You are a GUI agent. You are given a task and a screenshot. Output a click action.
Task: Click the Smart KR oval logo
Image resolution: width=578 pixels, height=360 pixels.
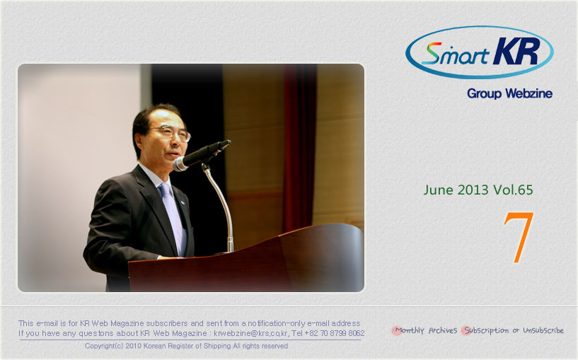point(479,52)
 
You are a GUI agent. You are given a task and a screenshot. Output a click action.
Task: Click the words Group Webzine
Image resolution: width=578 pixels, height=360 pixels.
point(509,93)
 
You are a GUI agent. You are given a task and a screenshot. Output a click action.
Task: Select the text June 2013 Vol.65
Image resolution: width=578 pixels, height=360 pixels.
point(478,190)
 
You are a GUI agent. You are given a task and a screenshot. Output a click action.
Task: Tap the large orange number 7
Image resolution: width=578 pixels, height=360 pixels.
point(519,238)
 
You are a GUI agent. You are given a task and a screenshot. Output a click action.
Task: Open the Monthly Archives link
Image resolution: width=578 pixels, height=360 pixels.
point(426,330)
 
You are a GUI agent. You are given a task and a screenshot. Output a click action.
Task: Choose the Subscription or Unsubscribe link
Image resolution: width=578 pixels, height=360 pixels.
point(514,330)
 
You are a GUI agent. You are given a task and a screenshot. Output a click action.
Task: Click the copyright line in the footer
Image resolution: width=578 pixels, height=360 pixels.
point(186,346)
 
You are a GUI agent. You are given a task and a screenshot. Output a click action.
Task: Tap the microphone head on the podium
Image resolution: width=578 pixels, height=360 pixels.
point(180,163)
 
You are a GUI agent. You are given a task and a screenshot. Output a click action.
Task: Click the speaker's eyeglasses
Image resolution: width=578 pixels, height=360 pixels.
point(172,133)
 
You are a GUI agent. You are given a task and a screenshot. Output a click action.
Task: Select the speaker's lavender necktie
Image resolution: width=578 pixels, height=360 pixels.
point(173,217)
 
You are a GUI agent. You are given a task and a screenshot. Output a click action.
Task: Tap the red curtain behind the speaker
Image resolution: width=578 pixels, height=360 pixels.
point(299,147)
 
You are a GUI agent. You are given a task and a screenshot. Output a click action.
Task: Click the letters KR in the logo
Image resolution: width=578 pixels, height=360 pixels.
point(517,51)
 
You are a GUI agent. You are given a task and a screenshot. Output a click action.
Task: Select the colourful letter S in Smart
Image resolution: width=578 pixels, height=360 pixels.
point(431,54)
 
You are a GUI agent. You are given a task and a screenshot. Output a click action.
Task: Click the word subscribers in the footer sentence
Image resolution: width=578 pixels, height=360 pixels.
point(167,323)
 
